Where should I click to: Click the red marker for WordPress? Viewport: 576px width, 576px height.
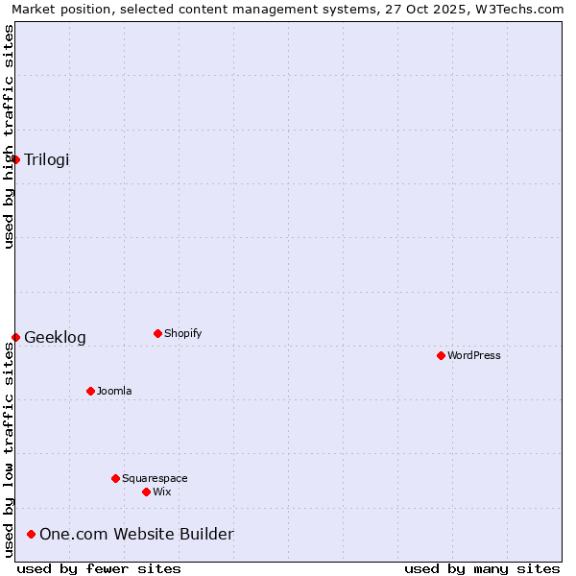[x=441, y=355]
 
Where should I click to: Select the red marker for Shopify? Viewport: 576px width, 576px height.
[x=157, y=333]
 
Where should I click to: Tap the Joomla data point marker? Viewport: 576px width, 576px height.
[x=90, y=391]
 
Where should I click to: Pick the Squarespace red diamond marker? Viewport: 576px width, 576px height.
[x=115, y=478]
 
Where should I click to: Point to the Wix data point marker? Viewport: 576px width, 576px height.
[x=146, y=492]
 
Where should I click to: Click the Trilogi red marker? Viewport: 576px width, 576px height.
[x=16, y=159]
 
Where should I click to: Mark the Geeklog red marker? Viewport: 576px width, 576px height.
[x=16, y=337]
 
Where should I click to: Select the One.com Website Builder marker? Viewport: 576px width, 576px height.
[x=32, y=534]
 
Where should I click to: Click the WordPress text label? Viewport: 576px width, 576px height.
[x=474, y=355]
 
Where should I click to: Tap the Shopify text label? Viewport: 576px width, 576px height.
[x=182, y=333]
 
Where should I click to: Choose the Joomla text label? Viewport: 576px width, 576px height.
[x=114, y=391]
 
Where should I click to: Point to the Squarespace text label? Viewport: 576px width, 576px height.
[x=155, y=478]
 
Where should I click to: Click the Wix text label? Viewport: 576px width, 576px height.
[x=161, y=492]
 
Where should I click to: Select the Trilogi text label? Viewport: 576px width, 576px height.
[x=47, y=159]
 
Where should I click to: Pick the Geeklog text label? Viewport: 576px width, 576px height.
[x=55, y=337]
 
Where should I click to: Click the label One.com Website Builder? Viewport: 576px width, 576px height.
[x=136, y=534]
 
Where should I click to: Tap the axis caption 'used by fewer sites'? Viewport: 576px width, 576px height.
[x=99, y=568]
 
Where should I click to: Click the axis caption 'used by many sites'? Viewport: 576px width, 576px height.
[x=482, y=568]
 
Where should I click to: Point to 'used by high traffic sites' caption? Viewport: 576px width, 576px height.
[x=9, y=136]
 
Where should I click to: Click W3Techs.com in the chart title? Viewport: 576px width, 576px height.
[x=519, y=9]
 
